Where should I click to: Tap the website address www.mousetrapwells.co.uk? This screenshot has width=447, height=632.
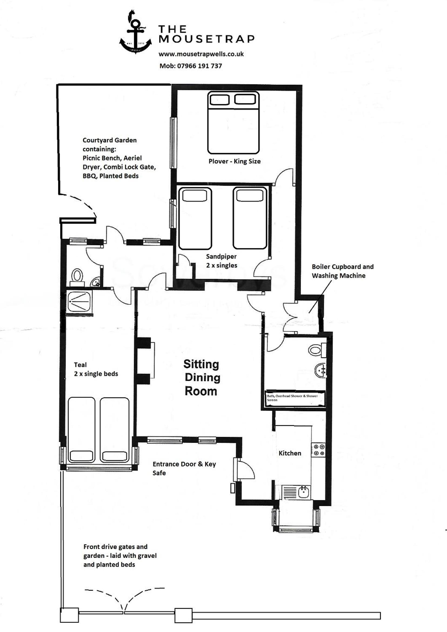201,54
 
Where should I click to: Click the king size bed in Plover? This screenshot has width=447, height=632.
233,122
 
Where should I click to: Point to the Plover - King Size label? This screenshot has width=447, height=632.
235,161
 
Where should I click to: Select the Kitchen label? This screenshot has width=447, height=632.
290,453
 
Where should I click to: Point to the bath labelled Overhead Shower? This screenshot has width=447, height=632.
295,398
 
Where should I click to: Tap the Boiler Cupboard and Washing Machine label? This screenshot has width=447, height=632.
343,271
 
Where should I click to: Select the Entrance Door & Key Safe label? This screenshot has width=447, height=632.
184,468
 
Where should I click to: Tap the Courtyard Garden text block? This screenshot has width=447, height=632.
119,158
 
